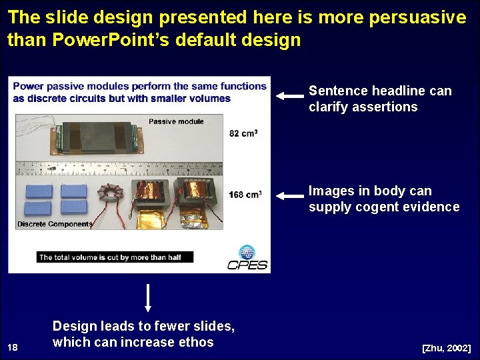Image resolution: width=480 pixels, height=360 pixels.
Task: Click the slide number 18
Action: click(12, 347)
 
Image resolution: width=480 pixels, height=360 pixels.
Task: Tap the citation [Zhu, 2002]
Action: click(446, 349)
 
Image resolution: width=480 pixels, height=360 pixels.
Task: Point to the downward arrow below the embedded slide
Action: click(148, 297)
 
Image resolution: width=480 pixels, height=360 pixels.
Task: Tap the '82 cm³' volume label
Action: click(243, 133)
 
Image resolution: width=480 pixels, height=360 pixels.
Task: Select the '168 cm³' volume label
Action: click(245, 195)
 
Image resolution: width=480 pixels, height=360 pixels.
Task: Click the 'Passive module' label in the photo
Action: click(176, 121)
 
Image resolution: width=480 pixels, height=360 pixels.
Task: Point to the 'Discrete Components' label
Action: click(55, 224)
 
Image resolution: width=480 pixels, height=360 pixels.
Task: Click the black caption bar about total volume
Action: click(115, 257)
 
